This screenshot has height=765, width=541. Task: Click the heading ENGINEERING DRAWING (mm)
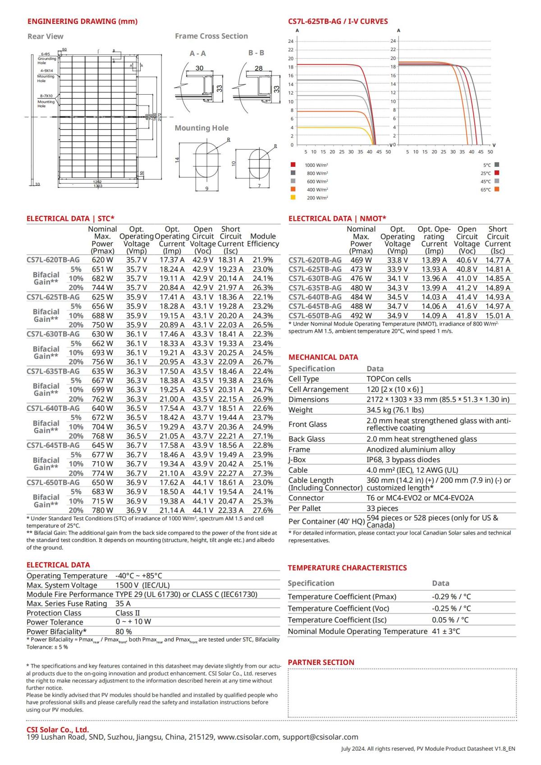83,21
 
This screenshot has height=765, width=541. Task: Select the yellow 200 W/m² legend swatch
293,197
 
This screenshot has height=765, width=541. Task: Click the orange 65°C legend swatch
497,189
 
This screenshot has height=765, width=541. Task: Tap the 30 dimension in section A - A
199,68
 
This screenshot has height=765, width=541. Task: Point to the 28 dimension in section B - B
258,68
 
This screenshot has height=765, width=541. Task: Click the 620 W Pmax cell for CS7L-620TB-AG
102,260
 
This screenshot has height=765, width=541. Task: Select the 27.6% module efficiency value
263,510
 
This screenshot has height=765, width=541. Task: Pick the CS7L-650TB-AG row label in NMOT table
315,316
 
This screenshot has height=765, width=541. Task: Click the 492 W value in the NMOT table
361,316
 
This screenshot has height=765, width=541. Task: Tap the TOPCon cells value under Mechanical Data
389,379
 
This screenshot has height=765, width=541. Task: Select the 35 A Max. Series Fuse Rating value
123,604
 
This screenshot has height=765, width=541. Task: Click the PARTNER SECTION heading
321,662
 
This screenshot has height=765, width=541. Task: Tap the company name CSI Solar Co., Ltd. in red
58,729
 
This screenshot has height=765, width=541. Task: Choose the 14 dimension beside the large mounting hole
178,160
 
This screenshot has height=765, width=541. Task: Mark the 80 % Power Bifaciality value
124,632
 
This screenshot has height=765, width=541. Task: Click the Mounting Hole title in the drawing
202,128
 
